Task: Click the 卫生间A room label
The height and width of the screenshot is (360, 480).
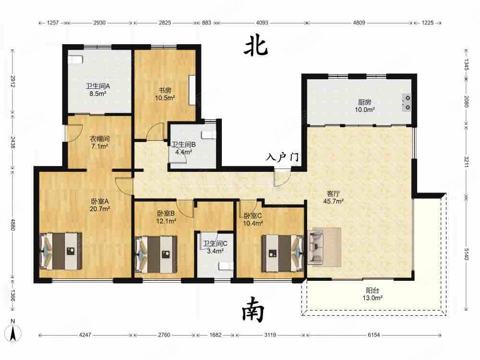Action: [x=98, y=86]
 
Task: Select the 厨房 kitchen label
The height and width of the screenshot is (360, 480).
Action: [x=364, y=102]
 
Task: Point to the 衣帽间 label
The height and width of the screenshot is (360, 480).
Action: [x=101, y=139]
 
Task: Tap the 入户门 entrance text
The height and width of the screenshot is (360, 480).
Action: [x=283, y=157]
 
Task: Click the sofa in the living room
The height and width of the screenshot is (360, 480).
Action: [x=317, y=246]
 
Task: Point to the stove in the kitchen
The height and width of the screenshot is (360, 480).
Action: [x=407, y=102]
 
